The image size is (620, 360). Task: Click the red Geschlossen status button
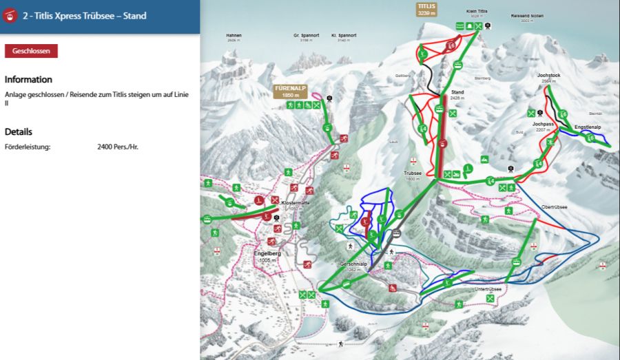pos(31,51)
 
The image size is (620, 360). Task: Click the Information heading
pos(28,79)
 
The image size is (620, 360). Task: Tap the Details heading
pos(19,131)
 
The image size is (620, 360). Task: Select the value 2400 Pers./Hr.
pos(118,147)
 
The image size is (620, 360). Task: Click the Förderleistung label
pos(28,147)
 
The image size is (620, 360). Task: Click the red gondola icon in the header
pos(10,15)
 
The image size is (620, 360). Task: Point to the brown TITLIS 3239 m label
pos(426,9)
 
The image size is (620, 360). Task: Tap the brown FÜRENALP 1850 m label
pos(289,92)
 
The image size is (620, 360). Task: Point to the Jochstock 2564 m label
pos(548,78)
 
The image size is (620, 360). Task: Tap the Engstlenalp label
pos(588,127)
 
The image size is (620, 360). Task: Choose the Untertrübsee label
pos(488,290)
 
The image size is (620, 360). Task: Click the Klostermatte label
pos(295,204)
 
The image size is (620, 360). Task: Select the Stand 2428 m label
pos(457,94)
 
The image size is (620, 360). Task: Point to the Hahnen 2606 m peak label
pos(234,37)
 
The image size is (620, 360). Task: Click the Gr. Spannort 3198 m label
pos(306,37)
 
